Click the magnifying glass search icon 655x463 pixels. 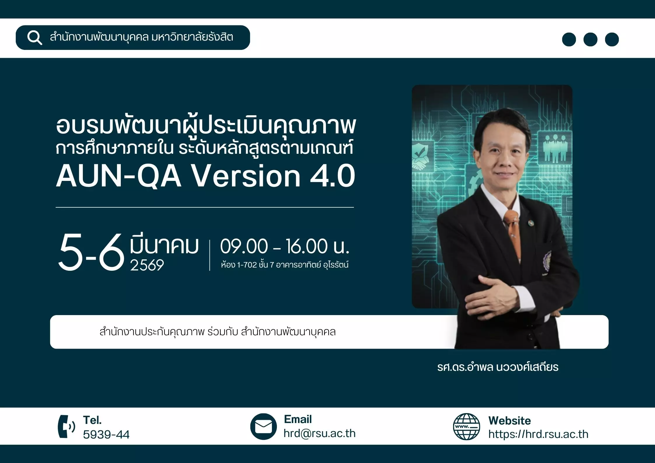[x=35, y=38]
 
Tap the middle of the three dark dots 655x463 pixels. [x=590, y=39]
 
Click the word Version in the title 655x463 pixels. [x=246, y=176]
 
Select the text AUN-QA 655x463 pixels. [x=118, y=176]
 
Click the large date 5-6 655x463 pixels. [x=92, y=252]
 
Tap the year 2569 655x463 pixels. [x=147, y=265]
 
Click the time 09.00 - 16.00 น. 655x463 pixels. [x=285, y=246]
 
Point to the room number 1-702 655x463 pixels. [x=247, y=265]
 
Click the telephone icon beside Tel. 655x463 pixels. [x=66, y=427]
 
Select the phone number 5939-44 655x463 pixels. [x=106, y=434]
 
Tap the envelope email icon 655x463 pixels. [x=263, y=427]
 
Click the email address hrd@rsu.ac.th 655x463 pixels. [x=320, y=434]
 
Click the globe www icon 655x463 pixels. [x=466, y=427]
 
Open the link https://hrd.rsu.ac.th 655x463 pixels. [x=538, y=434]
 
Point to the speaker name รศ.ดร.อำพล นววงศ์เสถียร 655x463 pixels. [x=498, y=367]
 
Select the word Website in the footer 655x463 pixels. [x=510, y=421]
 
